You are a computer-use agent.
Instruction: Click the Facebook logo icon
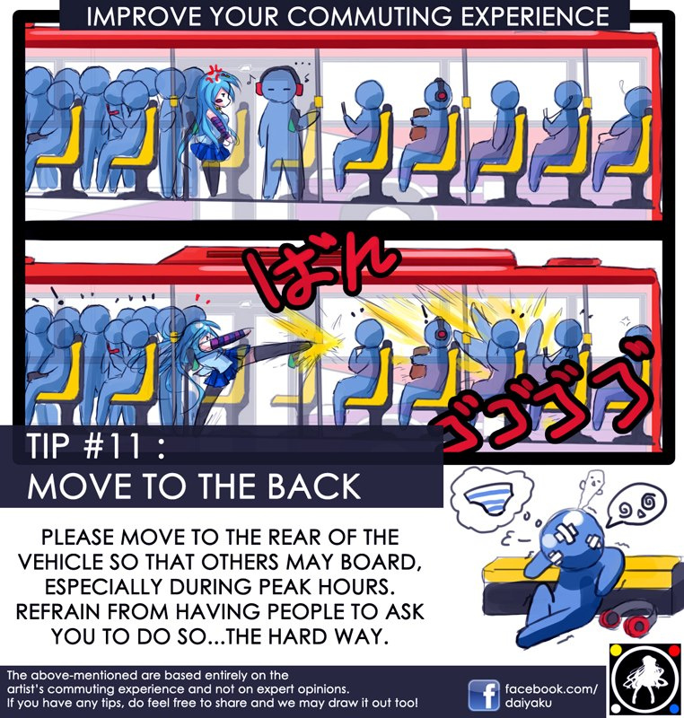click(484, 695)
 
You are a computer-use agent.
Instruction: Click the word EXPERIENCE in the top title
click(535, 16)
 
